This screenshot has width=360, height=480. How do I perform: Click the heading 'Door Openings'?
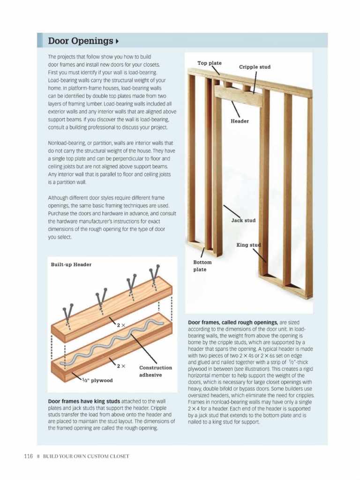point(80,41)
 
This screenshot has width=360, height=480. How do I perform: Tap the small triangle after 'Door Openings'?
point(116,42)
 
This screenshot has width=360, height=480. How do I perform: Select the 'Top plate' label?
point(209,63)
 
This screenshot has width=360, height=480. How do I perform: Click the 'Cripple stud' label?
point(255,67)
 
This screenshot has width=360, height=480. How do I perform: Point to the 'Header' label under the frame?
point(240,121)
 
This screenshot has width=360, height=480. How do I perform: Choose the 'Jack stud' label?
point(243,220)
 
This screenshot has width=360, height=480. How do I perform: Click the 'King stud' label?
point(248,245)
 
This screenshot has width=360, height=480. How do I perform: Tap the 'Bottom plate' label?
point(202,266)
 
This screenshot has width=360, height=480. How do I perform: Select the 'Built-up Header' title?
point(71,264)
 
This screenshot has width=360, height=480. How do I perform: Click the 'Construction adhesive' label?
point(155,371)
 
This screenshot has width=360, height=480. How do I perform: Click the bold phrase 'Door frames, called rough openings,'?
point(232,323)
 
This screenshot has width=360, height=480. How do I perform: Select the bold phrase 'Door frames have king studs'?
point(84,402)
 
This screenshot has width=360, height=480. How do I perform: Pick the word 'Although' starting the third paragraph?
point(60,198)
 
